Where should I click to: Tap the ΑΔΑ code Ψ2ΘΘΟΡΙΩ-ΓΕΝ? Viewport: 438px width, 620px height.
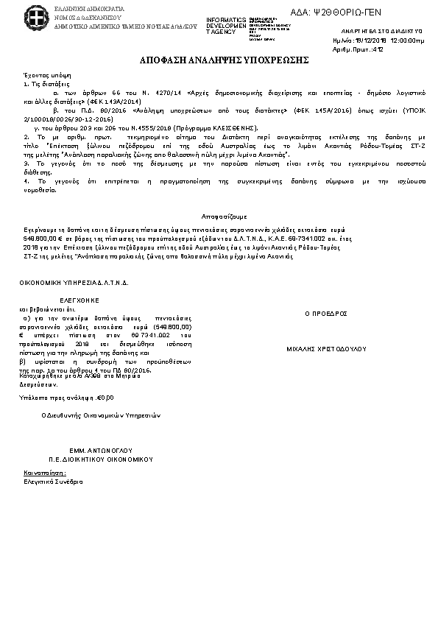click(347, 13)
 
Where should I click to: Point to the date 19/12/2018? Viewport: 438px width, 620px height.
click(375, 41)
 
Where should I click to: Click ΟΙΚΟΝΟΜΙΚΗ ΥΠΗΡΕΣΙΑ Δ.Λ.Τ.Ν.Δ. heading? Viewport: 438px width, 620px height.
click(74, 283)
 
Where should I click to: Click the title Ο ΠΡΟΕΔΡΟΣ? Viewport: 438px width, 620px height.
click(325, 313)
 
